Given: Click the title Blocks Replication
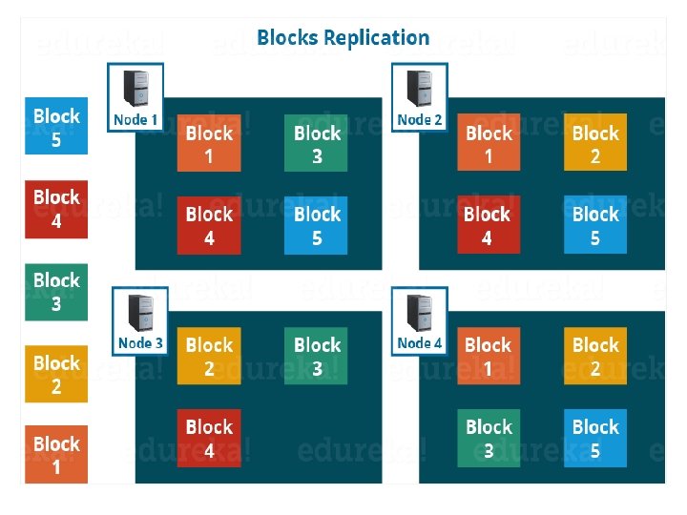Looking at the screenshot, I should [343, 38].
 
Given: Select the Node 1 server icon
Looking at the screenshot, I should [135, 89].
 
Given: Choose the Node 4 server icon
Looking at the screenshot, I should [419, 312].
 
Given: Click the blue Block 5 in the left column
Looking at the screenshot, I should [56, 126].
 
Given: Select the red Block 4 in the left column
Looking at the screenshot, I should [56, 208].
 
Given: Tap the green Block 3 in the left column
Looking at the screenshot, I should [56, 291].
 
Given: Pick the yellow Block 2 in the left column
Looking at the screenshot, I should [56, 374].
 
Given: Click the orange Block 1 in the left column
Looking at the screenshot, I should [56, 454].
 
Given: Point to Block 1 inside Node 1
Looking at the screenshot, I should [209, 144].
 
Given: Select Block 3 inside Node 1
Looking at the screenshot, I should [317, 144].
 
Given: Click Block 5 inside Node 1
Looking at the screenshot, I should [317, 225].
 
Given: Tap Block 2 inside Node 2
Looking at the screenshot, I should [595, 144].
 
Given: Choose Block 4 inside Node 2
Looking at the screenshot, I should [488, 225].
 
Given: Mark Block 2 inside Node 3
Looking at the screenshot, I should [209, 355].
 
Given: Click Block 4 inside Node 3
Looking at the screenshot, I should [209, 437].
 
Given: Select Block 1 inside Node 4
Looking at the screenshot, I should [488, 355].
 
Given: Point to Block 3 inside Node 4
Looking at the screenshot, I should [488, 437].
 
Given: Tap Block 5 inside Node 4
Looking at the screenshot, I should [595, 437].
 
